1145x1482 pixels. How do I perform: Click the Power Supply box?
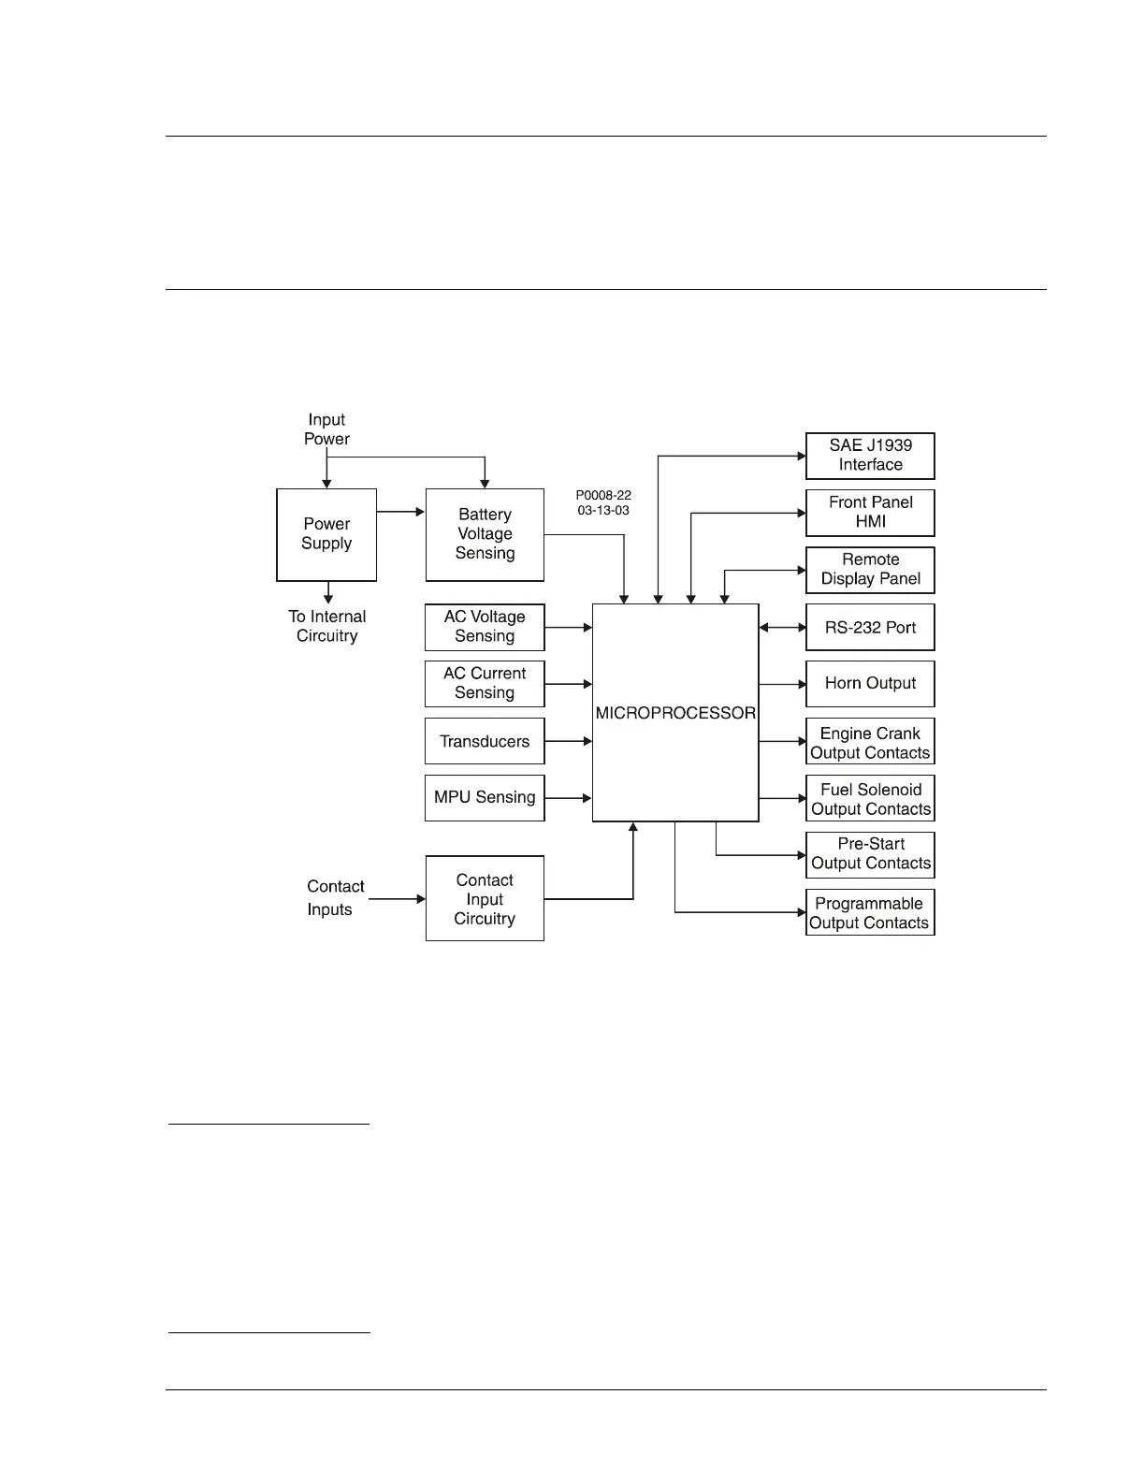coord(326,534)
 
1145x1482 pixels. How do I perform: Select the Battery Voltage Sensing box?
coord(485,534)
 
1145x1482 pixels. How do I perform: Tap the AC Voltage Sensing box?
coord(485,627)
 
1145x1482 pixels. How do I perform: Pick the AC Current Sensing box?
coord(485,684)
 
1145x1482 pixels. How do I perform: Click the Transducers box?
coord(485,742)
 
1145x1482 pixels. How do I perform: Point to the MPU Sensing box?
coord(485,798)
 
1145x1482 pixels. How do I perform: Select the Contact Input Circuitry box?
coord(485,899)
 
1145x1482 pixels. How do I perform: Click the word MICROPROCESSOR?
coord(675,713)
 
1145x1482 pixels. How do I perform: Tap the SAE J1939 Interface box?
coord(870,456)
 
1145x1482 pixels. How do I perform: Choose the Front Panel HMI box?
coord(870,513)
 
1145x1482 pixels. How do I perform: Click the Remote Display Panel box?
coord(870,570)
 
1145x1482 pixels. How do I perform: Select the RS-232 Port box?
coord(870,628)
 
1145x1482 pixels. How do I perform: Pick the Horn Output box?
coord(870,684)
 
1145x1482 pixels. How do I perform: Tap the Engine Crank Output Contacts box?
coord(870,743)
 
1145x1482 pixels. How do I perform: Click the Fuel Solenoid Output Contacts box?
coord(870,799)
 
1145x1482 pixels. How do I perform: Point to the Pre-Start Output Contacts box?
coord(870,854)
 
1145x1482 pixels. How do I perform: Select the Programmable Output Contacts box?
coord(870,913)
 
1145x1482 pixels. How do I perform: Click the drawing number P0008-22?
coord(603,496)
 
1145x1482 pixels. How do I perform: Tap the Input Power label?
coord(326,429)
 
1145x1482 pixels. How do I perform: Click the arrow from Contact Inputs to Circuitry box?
coord(397,899)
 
